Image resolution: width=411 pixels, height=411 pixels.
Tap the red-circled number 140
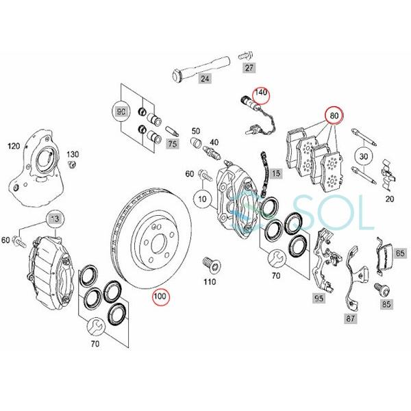click(261, 92)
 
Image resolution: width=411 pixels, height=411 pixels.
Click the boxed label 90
click(121, 112)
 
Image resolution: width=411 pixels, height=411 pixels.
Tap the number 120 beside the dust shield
click(13, 146)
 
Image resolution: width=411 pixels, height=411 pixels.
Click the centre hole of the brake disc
click(153, 242)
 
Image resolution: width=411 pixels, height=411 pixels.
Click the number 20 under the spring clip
click(389, 199)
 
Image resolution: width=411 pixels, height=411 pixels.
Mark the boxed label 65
click(400, 253)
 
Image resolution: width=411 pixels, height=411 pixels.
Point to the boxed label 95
click(318, 299)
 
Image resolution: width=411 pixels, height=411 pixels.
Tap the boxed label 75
click(172, 144)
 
